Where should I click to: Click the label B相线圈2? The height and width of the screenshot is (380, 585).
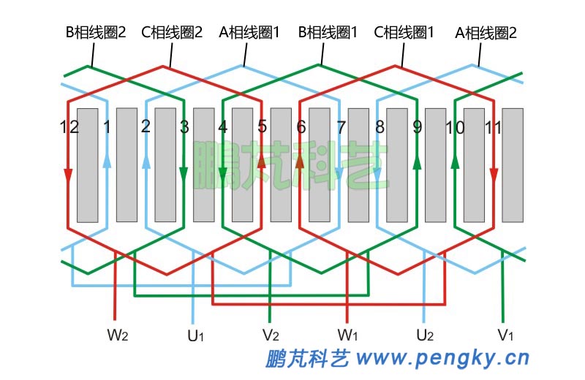[x=96, y=32]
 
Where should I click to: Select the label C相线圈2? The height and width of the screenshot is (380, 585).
[x=171, y=32]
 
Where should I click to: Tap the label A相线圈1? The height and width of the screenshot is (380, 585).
[x=249, y=32]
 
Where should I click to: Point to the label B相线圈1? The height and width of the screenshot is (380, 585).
[x=328, y=32]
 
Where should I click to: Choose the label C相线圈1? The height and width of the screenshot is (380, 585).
[x=404, y=32]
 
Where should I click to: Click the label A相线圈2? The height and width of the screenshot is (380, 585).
[x=486, y=32]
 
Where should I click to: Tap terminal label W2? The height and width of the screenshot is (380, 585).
[x=118, y=336]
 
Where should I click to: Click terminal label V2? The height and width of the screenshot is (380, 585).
[x=271, y=336]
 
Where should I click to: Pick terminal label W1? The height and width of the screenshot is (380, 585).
[x=347, y=336]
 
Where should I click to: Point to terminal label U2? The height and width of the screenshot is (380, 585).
[x=425, y=336]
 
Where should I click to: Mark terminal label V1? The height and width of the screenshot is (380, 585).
[x=505, y=336]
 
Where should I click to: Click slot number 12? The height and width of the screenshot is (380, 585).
[x=69, y=127]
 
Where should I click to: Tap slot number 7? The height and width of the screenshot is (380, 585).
[x=341, y=127]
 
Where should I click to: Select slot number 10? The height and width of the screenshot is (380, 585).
[x=454, y=127]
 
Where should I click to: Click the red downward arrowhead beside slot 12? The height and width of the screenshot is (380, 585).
[x=68, y=176]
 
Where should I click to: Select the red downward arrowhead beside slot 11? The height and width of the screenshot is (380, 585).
[x=494, y=176]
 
